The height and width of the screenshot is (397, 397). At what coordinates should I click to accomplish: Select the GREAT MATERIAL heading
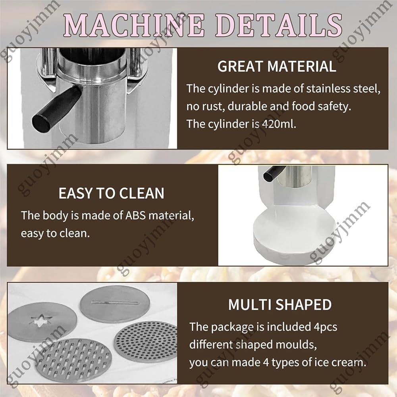(x=277, y=66)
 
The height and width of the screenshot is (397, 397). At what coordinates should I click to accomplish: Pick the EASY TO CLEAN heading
(x=111, y=193)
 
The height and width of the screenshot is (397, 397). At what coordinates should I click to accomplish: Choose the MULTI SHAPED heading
(x=280, y=304)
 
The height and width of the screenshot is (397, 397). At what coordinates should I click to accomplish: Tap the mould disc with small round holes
(x=146, y=341)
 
